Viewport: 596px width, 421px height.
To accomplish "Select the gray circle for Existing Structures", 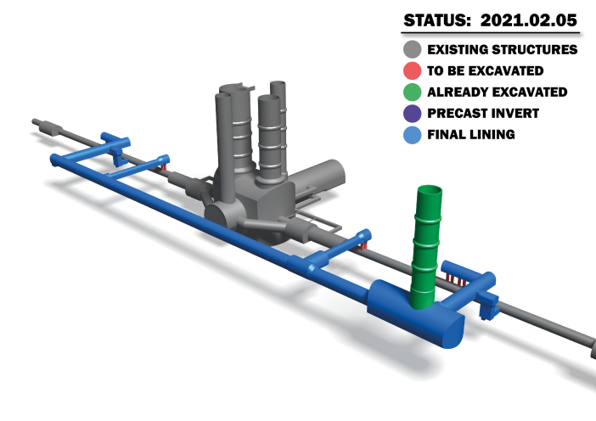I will pyautogui.click(x=413, y=50).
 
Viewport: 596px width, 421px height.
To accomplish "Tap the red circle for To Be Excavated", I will pyautogui.click(x=413, y=71).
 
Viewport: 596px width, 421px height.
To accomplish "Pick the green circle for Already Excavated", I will pyautogui.click(x=413, y=92).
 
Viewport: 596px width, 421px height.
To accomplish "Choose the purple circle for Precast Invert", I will pyautogui.click(x=413, y=113).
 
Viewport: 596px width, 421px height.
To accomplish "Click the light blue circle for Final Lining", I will pyautogui.click(x=413, y=134).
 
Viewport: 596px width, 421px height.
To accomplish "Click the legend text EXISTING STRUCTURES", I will pyautogui.click(x=502, y=50).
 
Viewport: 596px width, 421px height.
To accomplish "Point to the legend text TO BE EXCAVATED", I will pyautogui.click(x=485, y=71).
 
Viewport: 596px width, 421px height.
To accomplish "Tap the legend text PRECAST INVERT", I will pyautogui.click(x=482, y=113).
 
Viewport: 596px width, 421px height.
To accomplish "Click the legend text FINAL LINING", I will pyautogui.click(x=470, y=134).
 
